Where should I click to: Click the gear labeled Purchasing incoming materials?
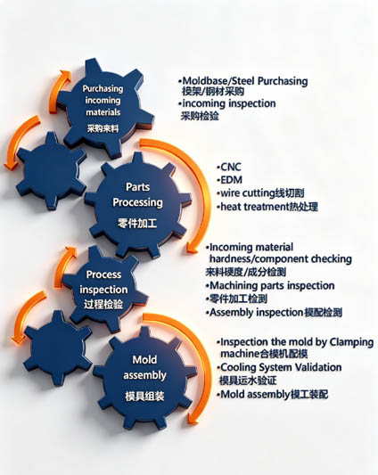[x=104, y=106]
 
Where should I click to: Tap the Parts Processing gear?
[x=138, y=203]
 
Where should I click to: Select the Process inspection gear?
[x=103, y=290]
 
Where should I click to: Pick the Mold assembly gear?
[x=145, y=377]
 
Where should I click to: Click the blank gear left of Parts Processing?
[x=51, y=170]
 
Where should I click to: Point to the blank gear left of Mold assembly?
[x=58, y=348]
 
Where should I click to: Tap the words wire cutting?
[x=247, y=193]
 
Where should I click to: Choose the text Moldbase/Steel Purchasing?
[x=245, y=81]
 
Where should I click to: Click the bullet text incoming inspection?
[x=229, y=103]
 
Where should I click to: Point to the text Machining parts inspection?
[x=272, y=286]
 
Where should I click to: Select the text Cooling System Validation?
[x=281, y=367]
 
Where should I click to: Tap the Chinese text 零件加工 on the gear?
[x=137, y=224]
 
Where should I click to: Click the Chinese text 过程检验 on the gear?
[x=103, y=304]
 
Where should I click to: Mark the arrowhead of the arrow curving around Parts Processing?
[x=193, y=247]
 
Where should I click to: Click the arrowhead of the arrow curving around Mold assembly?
[x=193, y=419]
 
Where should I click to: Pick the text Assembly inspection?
[x=257, y=312]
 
